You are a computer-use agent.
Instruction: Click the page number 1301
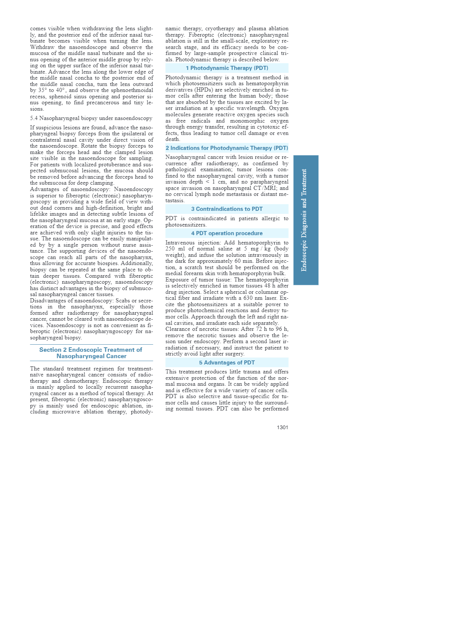282,427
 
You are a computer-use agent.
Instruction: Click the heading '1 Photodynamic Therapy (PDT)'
227,68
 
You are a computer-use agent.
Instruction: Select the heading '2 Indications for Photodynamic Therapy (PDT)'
227,148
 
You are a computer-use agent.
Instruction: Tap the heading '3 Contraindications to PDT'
227,209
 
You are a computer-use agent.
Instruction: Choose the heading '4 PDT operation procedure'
227,233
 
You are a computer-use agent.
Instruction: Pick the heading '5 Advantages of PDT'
227,363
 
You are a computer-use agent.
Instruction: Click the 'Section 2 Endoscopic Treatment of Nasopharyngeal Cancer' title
91,353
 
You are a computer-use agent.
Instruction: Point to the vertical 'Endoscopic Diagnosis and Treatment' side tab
306,220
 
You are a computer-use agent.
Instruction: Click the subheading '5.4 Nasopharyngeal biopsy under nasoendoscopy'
91,118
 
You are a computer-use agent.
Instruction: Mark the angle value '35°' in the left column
43,90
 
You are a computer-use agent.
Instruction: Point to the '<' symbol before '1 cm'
208,182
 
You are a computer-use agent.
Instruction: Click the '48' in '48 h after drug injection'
267,286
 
